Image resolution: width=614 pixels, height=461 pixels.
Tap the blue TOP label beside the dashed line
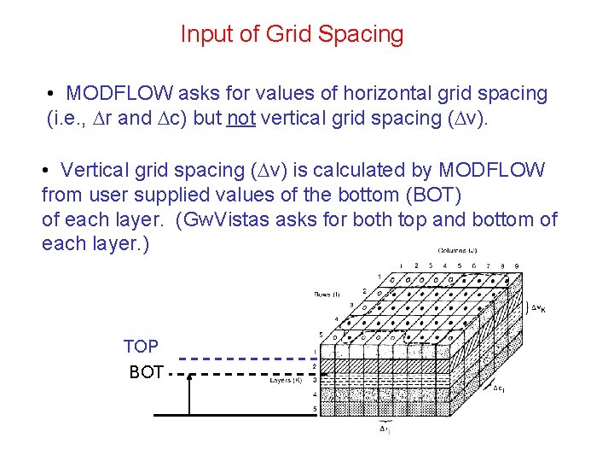[141, 347]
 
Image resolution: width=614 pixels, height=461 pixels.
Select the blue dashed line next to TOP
[243, 359]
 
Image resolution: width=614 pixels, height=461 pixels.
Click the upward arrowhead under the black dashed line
[189, 380]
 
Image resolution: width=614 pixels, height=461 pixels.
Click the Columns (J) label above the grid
[457, 251]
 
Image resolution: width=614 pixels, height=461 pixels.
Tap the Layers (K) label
[287, 381]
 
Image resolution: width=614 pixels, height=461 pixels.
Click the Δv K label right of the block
[537, 306]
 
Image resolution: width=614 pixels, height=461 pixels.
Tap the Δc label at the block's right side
[500, 388]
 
